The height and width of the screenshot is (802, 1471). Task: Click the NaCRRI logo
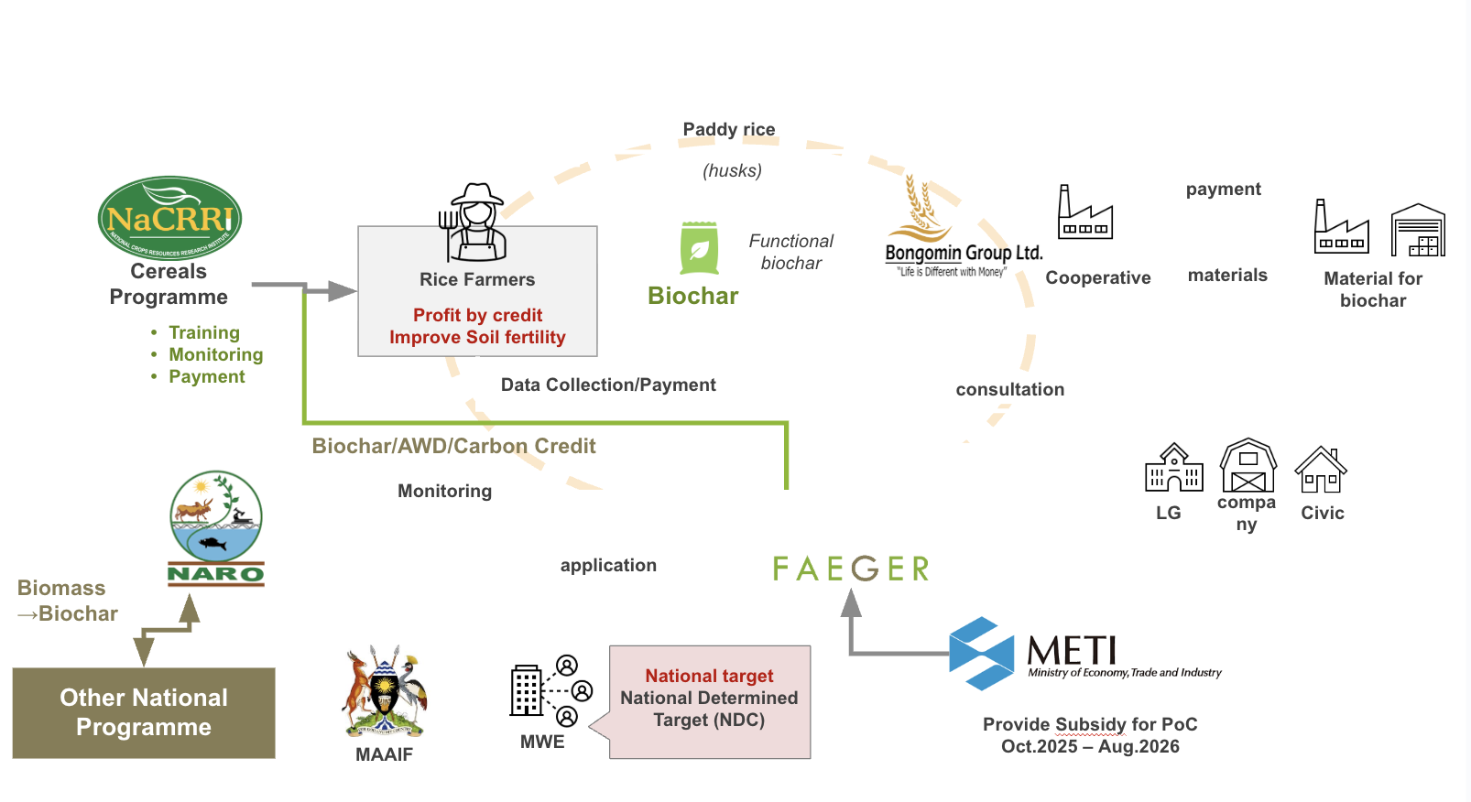coord(169,218)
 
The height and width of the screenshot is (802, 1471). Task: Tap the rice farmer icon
coord(475,222)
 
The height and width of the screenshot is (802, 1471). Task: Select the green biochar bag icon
coord(699,248)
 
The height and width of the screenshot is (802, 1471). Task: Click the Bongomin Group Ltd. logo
coord(962,229)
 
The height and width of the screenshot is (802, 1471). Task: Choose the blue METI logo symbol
coord(981,653)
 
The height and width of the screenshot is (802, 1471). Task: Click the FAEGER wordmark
coord(851,569)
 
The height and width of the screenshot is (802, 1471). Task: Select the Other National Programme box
coord(144,712)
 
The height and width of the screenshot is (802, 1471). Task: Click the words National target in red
coord(709,676)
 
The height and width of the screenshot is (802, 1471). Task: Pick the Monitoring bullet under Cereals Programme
coord(215,354)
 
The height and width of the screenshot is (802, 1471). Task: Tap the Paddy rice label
coord(729,129)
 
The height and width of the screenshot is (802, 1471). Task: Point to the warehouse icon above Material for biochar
coord(1417,230)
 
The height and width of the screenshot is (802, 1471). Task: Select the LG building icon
coord(1173,468)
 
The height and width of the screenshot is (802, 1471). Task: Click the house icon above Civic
coord(1321,470)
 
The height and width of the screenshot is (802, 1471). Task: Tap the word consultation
coord(1009,389)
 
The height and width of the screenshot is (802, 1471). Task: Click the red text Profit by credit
coord(477,315)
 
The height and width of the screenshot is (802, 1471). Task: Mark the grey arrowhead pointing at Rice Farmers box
coord(342,291)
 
